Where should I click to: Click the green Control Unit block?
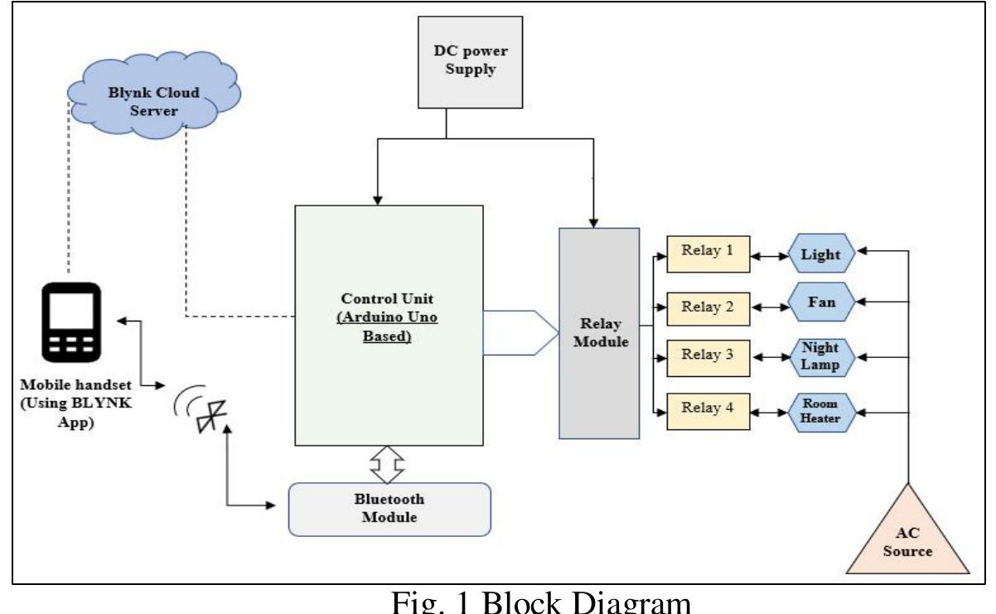pyautogui.click(x=389, y=323)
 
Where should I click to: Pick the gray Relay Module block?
pyautogui.click(x=599, y=331)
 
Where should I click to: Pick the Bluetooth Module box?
pyautogui.click(x=389, y=508)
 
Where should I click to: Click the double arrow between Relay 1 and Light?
pyautogui.click(x=768, y=256)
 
